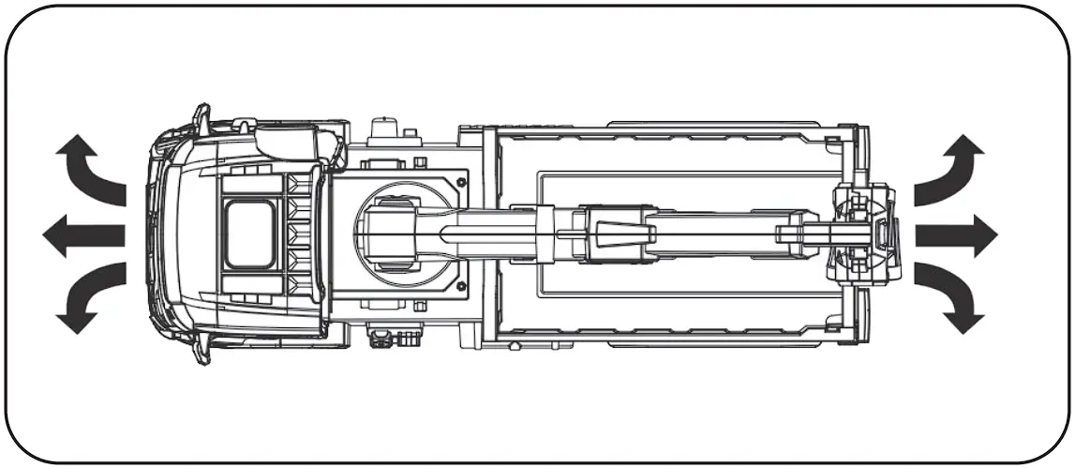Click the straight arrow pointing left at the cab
point(82,234)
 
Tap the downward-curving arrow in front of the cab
point(89,297)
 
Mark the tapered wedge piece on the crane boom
point(609,226)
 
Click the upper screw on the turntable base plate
point(456,175)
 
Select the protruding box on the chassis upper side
point(383,128)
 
